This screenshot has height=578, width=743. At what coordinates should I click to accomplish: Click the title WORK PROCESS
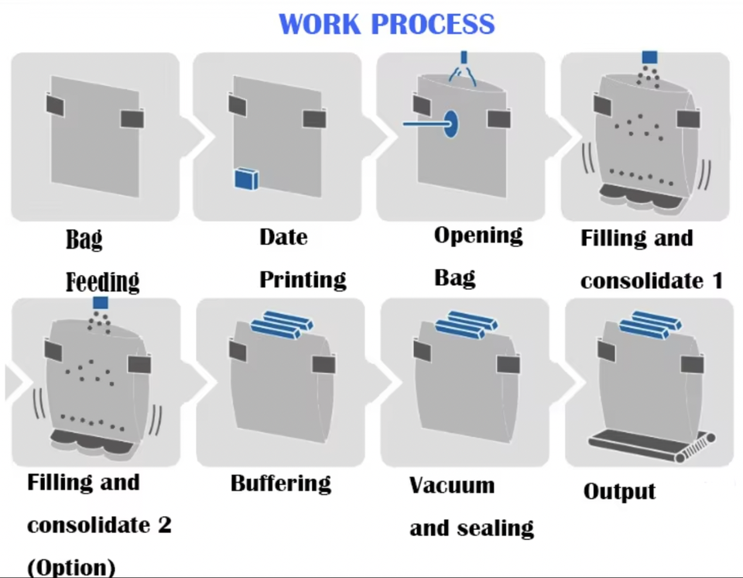386,24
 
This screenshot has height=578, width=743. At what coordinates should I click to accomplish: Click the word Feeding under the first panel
102,281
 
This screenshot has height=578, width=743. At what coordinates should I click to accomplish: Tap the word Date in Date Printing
283,236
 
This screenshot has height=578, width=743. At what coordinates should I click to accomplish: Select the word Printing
303,280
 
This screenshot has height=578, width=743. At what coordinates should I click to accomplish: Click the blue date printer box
247,179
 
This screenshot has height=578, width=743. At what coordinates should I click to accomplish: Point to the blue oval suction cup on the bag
451,123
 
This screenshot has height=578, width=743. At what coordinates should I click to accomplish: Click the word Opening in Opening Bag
478,236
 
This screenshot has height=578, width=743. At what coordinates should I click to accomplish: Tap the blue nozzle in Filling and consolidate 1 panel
649,57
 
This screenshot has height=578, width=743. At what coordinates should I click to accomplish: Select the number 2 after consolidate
163,525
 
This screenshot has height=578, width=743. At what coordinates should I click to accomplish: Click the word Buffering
281,484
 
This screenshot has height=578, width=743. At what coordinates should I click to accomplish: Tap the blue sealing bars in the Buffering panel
280,325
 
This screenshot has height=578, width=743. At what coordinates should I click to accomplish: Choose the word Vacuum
452,486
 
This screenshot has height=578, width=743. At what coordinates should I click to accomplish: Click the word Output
619,491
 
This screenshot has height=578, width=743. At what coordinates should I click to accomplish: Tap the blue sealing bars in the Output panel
649,325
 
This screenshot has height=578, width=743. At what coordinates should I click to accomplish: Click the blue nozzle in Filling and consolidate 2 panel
99,303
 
